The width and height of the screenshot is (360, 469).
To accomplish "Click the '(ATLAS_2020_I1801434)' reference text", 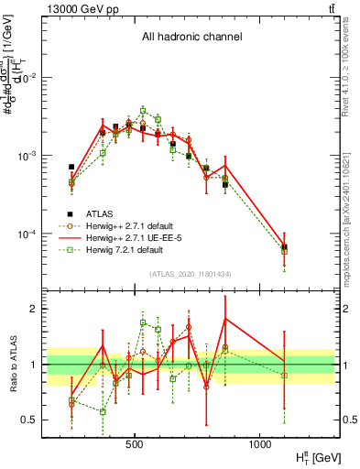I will pyautogui.click(x=190, y=274).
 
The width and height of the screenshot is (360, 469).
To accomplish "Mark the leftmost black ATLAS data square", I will pyautogui.click(x=71, y=167).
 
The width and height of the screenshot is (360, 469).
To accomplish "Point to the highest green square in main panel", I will pyautogui.click(x=143, y=110).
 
